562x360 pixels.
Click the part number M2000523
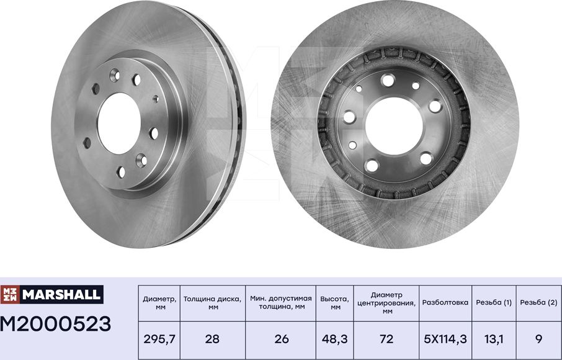pyautogui.click(x=56, y=323)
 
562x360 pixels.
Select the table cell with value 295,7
pyautogui.click(x=159, y=339)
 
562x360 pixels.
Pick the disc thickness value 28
pyautogui.click(x=213, y=339)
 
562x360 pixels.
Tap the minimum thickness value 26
pyautogui.click(x=281, y=339)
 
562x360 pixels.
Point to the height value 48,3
pyautogui.click(x=335, y=339)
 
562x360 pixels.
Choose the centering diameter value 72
pyautogui.click(x=386, y=339)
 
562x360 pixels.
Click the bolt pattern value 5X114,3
pyautogui.click(x=445, y=339)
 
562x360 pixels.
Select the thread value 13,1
pyautogui.click(x=494, y=339)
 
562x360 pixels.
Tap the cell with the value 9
pyautogui.click(x=538, y=339)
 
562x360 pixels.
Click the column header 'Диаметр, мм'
pyautogui.click(x=159, y=303)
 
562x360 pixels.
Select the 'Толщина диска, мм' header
pyautogui.click(x=213, y=303)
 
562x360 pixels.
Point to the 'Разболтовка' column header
pyautogui.click(x=445, y=303)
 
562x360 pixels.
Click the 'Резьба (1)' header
pyautogui.click(x=494, y=303)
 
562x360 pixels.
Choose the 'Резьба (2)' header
pyautogui.click(x=538, y=303)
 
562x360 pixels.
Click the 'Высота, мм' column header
pyautogui.click(x=335, y=303)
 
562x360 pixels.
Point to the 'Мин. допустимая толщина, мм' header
pyautogui.click(x=281, y=303)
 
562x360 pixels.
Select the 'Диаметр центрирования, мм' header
pyautogui.click(x=386, y=303)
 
